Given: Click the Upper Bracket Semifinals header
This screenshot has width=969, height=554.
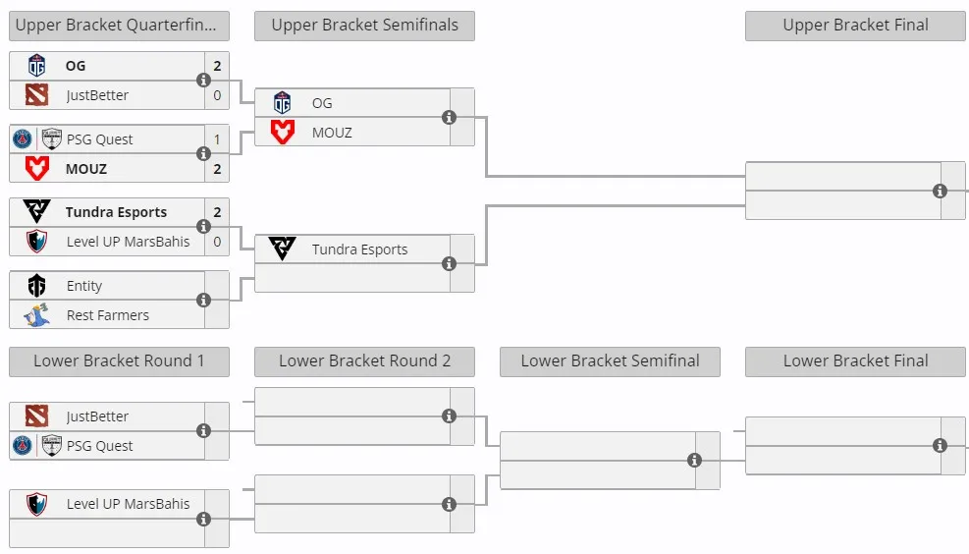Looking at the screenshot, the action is (x=364, y=26).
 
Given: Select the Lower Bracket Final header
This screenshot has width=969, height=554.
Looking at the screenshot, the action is (x=855, y=361).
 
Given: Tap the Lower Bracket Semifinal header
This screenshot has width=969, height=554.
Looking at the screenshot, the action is (x=610, y=361).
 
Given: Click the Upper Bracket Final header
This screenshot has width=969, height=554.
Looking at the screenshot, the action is (x=855, y=26).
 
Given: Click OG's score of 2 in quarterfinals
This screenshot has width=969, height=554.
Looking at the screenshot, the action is (x=217, y=66).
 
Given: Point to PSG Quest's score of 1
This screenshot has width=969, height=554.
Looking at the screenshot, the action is (x=217, y=139).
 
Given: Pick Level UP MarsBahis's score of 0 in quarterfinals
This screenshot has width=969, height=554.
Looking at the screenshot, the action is (x=217, y=242).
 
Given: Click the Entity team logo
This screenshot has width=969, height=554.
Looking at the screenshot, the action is (x=37, y=286).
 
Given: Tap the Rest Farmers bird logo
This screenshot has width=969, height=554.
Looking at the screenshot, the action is (x=37, y=314).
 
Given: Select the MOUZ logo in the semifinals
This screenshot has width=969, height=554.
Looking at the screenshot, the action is (x=283, y=132).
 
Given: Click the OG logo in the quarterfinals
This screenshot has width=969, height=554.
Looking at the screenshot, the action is (x=37, y=66).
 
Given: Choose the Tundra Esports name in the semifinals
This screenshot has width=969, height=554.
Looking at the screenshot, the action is (x=359, y=249).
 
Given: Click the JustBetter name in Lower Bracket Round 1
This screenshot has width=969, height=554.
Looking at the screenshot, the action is (x=97, y=416).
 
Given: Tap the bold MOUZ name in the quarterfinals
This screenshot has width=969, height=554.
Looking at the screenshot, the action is (x=85, y=169).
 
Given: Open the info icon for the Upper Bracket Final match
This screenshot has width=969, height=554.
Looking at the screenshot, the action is (x=940, y=192).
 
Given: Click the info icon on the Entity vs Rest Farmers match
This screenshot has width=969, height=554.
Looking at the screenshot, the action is (x=203, y=300).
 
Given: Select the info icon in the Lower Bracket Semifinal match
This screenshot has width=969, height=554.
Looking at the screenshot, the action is (x=695, y=460).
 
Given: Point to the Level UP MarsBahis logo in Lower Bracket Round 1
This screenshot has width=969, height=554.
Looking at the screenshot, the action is (x=37, y=504).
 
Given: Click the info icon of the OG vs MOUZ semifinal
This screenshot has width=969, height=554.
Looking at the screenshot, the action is (x=450, y=118).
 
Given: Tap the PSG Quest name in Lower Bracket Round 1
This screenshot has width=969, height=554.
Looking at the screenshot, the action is (x=99, y=446).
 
